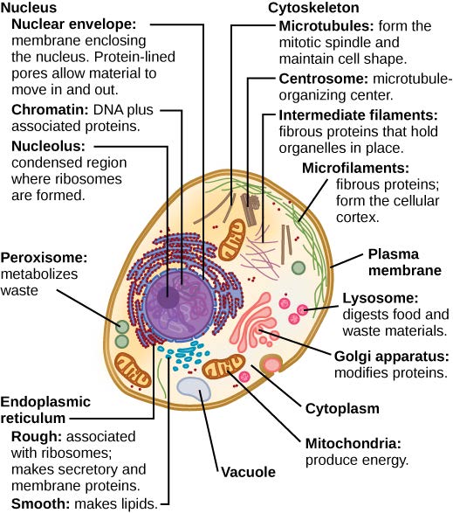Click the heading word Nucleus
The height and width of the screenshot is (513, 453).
[27, 8]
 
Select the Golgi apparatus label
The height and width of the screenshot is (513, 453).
[392, 356]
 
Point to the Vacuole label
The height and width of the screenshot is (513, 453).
[248, 472]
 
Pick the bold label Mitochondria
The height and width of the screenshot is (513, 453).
[347, 441]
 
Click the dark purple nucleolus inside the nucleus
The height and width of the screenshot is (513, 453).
[168, 299]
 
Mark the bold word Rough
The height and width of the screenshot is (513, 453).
[34, 436]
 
